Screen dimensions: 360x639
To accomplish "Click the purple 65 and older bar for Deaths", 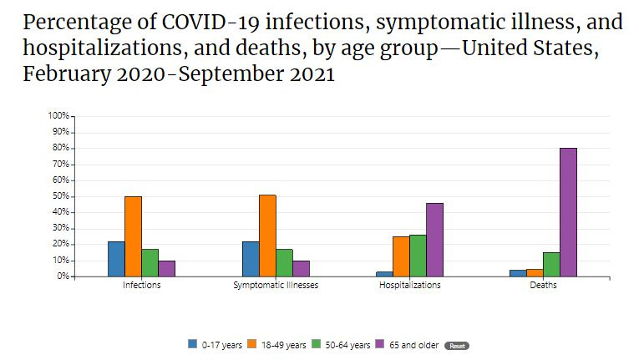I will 568,212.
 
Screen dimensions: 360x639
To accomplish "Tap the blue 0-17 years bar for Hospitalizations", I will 384,273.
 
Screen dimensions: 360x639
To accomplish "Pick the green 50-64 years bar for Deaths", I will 551,264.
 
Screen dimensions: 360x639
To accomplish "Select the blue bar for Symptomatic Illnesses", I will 251,259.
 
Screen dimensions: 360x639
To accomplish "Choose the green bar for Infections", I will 150,262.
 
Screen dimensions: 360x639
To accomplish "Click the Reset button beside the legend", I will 456,345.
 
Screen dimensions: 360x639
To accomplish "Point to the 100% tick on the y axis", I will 59,116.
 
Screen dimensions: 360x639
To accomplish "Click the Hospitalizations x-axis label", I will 409,286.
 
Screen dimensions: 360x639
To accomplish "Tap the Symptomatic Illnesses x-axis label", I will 275,286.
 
